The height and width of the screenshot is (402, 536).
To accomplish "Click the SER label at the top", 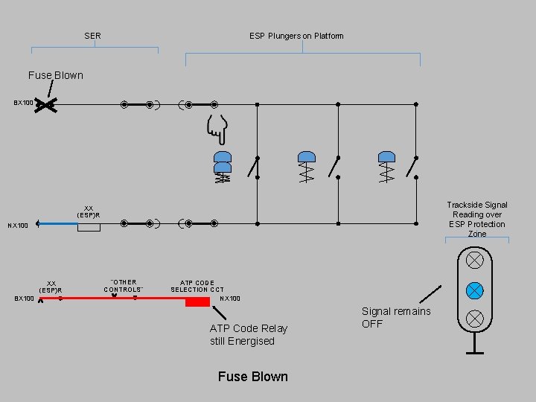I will [92, 36].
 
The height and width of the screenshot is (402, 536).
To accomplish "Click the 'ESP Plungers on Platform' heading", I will [296, 36].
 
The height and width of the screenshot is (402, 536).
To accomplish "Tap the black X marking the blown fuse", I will [46, 106].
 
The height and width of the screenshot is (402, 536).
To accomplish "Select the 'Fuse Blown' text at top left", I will [56, 75].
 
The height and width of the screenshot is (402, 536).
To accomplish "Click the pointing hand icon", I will [217, 130].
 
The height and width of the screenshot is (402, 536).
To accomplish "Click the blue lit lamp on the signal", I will [474, 290].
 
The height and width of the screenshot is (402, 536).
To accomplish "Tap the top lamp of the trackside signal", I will [474, 261].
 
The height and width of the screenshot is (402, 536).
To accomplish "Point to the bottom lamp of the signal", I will [474, 319].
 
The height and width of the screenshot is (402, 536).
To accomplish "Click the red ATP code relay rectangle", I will [197, 301].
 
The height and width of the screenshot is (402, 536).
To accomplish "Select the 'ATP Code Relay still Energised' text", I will [249, 334].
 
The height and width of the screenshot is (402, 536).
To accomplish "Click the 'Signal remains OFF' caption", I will [395, 317].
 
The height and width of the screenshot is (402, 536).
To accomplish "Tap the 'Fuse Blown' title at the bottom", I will [252, 377].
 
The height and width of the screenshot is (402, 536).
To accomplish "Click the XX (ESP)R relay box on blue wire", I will [89, 226].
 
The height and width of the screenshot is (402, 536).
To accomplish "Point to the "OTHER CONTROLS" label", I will [123, 286].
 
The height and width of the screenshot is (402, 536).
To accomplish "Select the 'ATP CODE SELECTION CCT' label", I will [197, 286].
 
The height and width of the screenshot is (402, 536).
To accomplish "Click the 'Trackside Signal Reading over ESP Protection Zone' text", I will [477, 219].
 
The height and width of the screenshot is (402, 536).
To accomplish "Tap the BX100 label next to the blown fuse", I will [23, 103].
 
